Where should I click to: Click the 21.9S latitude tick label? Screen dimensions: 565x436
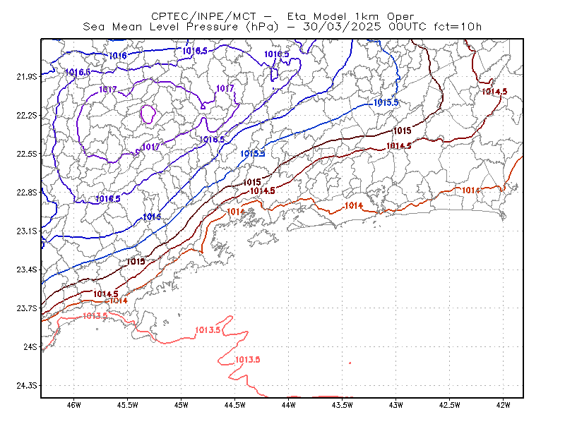click(27, 77)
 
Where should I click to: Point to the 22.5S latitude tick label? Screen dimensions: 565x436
click(27, 154)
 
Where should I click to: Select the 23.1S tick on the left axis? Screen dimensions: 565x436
click(27, 231)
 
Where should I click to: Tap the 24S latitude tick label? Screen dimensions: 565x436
click(30, 346)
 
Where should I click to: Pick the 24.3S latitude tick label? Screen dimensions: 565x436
click(27, 386)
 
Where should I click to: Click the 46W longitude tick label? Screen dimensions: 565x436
click(74, 405)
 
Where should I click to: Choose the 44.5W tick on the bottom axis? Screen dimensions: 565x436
click(234, 405)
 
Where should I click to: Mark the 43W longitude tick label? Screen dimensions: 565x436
click(395, 405)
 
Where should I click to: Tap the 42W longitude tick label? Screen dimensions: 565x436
click(503, 405)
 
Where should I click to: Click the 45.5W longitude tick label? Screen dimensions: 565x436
click(128, 405)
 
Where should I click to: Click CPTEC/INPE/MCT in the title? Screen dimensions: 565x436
click(203, 16)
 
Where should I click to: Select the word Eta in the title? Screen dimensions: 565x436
click(297, 16)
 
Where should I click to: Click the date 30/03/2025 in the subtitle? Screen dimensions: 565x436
click(342, 27)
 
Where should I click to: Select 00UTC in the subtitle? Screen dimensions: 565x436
click(408, 27)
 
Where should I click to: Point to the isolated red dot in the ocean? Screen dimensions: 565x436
click(350, 363)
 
